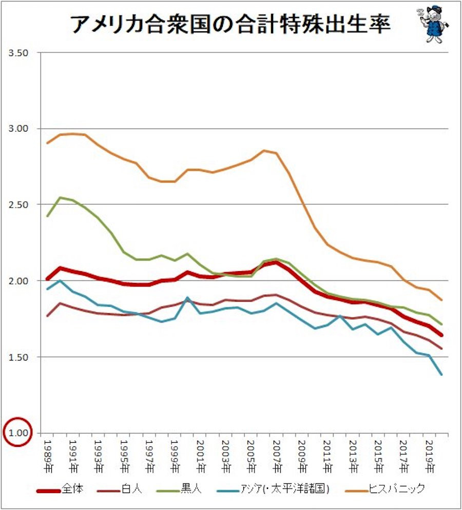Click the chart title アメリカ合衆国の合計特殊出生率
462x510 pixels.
(x=230, y=25)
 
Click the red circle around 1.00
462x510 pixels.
(x=18, y=432)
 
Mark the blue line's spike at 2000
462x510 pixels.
(x=187, y=297)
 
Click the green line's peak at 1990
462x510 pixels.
(x=60, y=197)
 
